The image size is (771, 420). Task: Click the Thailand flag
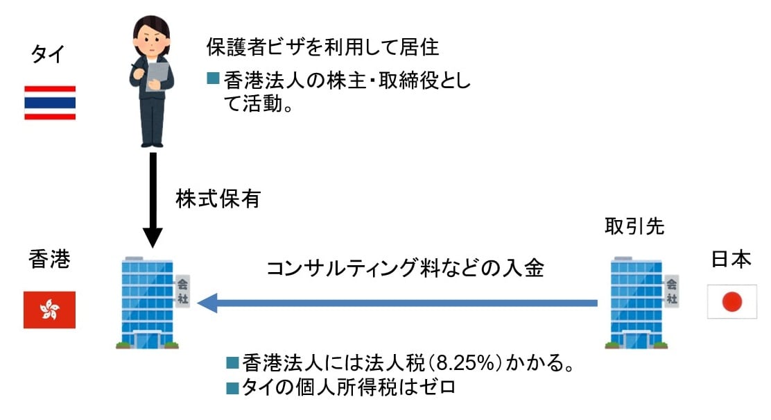[49, 103]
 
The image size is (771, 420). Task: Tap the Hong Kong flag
[49, 310]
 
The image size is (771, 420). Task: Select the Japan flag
[731, 301]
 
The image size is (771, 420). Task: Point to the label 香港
[49, 260]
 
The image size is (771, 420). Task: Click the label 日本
[731, 260]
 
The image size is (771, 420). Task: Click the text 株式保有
[217, 200]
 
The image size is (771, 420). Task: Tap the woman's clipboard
[158, 75]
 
